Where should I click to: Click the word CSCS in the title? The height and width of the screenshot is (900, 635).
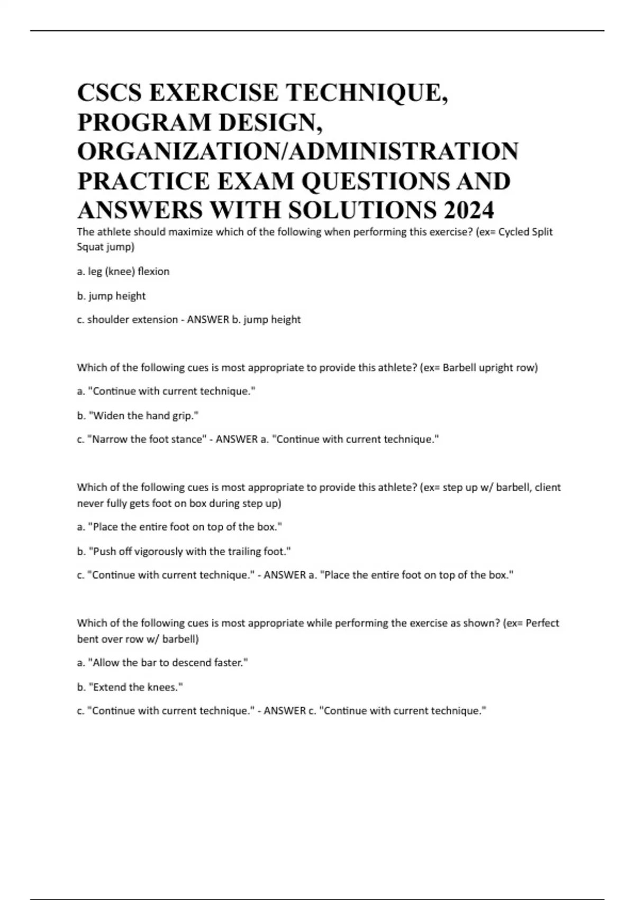point(110,93)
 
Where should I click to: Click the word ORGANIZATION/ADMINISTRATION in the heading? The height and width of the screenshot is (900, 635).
point(298,151)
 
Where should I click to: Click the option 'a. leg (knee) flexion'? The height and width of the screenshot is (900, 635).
point(123,272)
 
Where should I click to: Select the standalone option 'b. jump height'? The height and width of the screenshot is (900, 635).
point(111,296)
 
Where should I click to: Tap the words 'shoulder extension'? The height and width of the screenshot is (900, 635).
point(132,320)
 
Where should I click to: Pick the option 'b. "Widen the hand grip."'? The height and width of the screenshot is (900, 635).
point(138,416)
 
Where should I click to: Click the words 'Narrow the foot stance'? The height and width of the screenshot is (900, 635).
point(148,439)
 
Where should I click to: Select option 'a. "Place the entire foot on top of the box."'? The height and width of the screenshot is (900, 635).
point(179,527)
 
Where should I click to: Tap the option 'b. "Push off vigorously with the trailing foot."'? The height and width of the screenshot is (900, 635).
point(184,551)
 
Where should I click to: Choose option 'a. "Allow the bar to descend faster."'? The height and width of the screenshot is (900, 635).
point(162,662)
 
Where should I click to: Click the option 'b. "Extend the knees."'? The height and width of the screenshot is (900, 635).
point(130,687)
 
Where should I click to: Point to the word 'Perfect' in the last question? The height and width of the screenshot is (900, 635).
point(542,623)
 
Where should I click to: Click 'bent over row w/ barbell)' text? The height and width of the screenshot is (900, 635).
point(138,639)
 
